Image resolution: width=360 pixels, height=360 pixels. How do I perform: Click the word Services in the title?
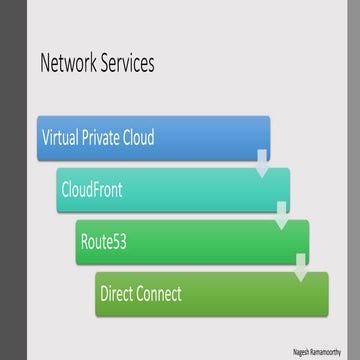(x=126, y=65)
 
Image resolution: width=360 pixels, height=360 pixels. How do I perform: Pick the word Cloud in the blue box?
(x=139, y=138)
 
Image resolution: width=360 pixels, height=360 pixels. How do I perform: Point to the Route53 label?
(x=108, y=242)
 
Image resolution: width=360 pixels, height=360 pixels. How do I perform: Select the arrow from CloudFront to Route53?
(x=282, y=213)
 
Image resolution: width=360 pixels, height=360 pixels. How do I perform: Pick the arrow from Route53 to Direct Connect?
(x=301, y=265)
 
